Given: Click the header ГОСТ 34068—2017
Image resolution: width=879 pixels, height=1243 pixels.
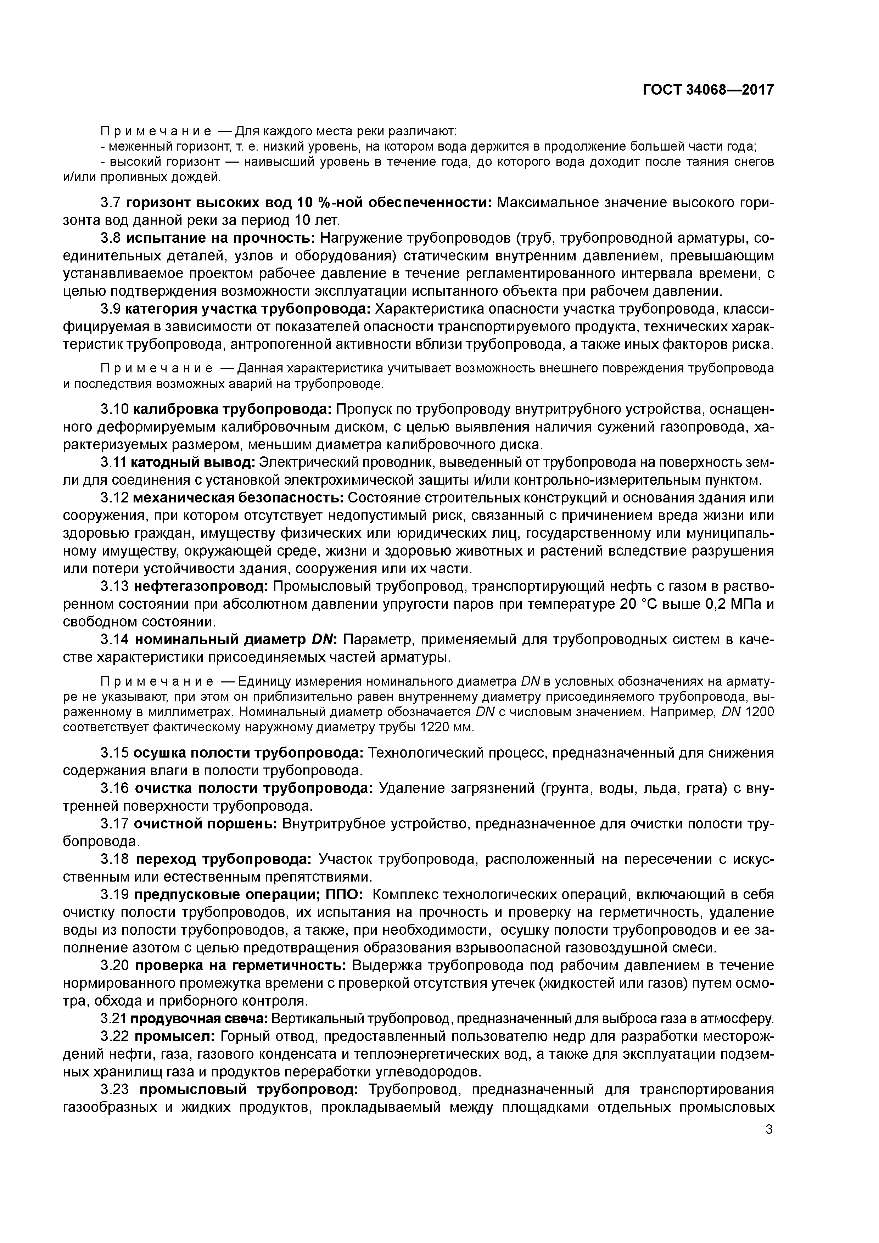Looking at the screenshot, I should pos(708,90).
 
